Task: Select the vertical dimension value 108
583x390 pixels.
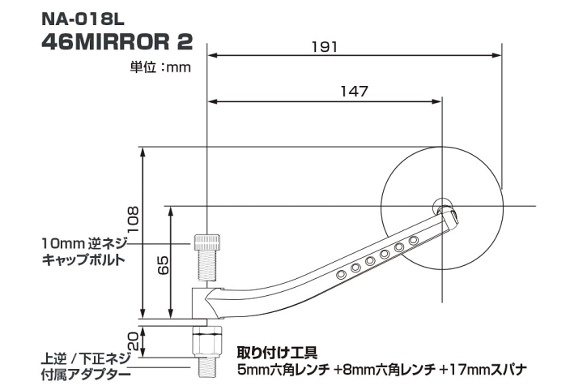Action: pyautogui.click(x=134, y=217)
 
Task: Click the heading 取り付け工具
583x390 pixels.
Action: pyautogui.click(x=276, y=354)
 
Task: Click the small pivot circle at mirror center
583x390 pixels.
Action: pyautogui.click(x=443, y=204)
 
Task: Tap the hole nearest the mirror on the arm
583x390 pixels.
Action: pyautogui.click(x=413, y=241)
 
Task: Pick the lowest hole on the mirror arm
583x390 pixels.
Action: pyautogui.click(x=341, y=275)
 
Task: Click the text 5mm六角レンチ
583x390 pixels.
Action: pyautogui.click(x=284, y=371)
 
